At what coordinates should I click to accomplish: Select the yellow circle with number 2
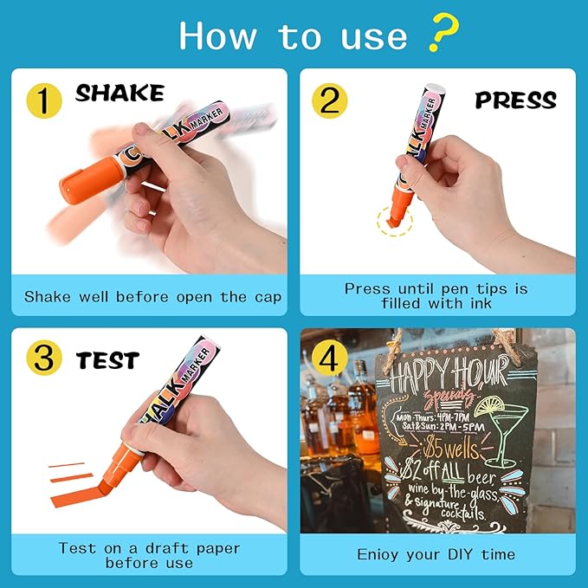click(329, 100)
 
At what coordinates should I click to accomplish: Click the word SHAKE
click(119, 94)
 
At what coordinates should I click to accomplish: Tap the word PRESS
click(516, 100)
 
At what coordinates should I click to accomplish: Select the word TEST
click(107, 359)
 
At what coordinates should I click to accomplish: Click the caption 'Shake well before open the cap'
click(152, 296)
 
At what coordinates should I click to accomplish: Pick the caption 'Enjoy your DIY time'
click(436, 553)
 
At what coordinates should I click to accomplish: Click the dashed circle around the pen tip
click(395, 221)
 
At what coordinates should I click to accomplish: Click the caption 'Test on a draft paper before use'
click(148, 554)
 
